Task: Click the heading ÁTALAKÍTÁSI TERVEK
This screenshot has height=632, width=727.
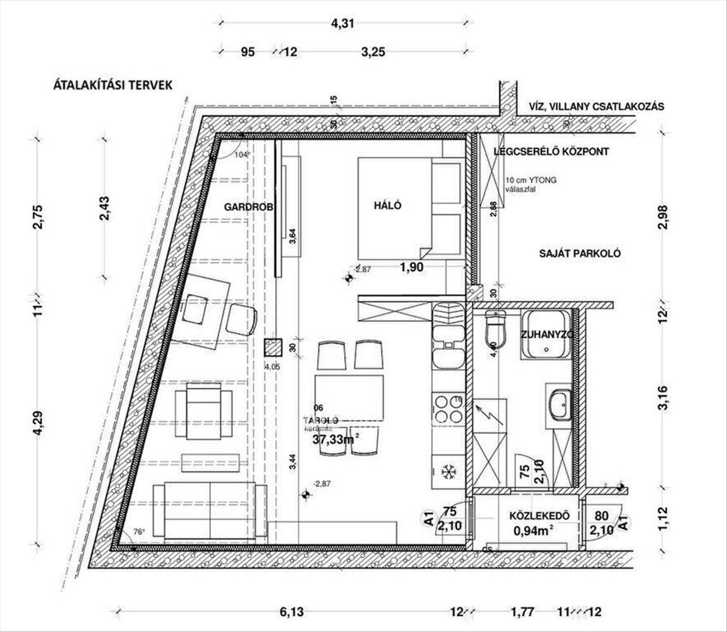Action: [x=113, y=86]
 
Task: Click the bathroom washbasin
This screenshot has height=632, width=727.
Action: [x=558, y=404]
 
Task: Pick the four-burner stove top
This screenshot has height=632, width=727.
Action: [x=448, y=408]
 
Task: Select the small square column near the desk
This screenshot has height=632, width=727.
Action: [x=273, y=347]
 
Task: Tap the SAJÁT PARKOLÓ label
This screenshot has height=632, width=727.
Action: [x=580, y=253]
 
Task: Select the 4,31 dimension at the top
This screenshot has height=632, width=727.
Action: [x=343, y=25]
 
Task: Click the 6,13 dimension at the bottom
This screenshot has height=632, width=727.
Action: [x=291, y=612]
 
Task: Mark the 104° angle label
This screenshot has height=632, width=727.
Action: [x=241, y=154]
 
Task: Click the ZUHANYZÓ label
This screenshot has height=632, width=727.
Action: [x=547, y=335]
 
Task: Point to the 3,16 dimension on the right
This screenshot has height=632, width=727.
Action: [x=663, y=398]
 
